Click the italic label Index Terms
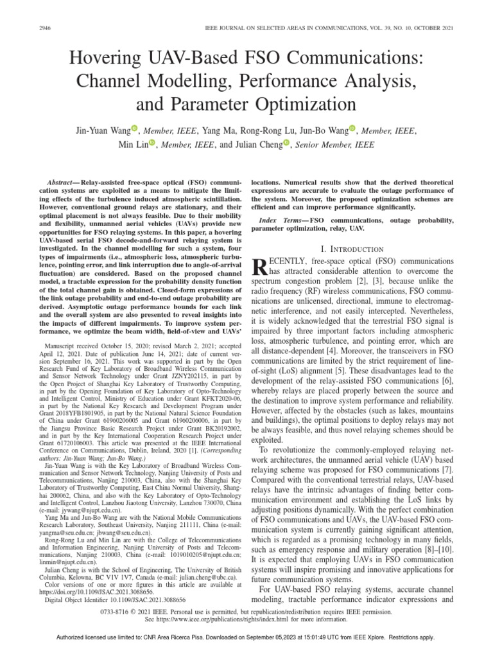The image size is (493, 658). [x=285, y=221]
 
